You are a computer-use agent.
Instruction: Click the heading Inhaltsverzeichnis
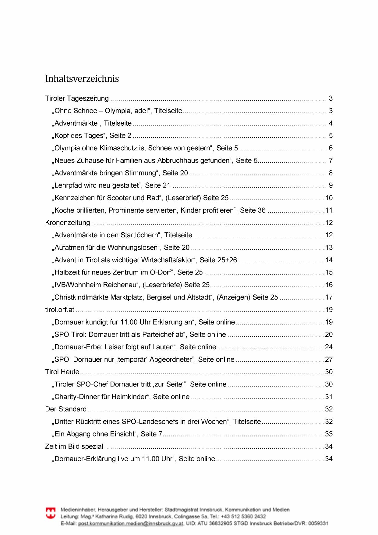(x=82, y=79)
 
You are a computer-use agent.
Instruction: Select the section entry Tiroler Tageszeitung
(x=77, y=99)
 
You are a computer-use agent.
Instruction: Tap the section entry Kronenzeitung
(x=68, y=223)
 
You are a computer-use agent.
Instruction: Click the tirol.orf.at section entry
(x=60, y=310)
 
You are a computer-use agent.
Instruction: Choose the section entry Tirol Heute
(x=62, y=372)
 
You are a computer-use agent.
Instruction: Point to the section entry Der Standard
(x=66, y=409)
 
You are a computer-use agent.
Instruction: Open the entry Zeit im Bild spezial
(x=74, y=447)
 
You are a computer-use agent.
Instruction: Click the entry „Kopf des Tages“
(x=93, y=136)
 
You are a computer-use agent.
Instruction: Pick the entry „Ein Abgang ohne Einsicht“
(x=108, y=434)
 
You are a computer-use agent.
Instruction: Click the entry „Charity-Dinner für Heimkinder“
(x=121, y=397)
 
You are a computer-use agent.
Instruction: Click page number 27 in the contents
(x=329, y=360)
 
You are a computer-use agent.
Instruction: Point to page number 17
(x=329, y=297)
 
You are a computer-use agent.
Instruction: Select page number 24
(x=329, y=347)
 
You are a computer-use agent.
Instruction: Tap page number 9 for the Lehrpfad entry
(x=331, y=185)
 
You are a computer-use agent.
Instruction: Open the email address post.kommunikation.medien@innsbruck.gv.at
(x=131, y=523)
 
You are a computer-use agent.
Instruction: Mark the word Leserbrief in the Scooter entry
(x=183, y=198)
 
